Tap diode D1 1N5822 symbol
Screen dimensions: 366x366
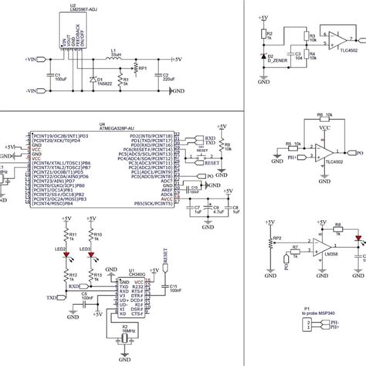point(93,80)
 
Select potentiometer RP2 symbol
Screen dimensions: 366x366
point(269,242)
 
